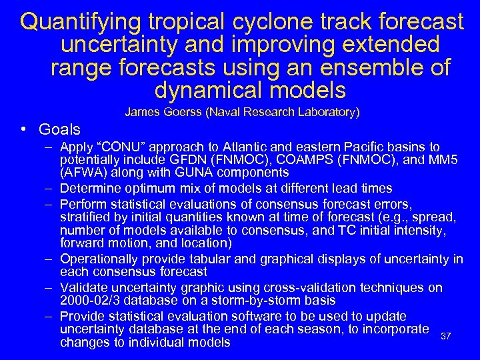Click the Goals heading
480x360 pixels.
[59, 129]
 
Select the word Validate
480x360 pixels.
[83, 287]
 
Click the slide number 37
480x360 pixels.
[447, 335]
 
